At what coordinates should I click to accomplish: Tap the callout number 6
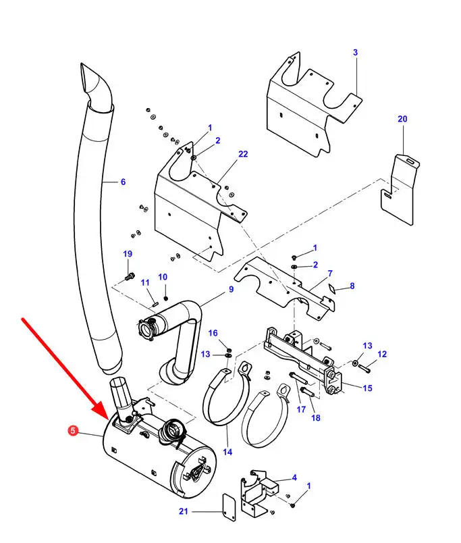[x=123, y=181]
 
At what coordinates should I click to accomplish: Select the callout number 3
[x=355, y=52]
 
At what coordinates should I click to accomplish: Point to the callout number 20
[x=402, y=119]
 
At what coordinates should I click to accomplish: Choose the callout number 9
[x=230, y=289]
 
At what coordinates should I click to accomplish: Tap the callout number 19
[x=128, y=253]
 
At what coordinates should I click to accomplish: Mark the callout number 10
[x=162, y=277]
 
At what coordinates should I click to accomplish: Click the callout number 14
[x=227, y=452]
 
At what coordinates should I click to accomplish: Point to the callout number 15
[x=367, y=388]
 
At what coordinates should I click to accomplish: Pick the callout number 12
[x=382, y=354]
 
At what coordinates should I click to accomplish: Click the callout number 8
[x=352, y=286]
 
